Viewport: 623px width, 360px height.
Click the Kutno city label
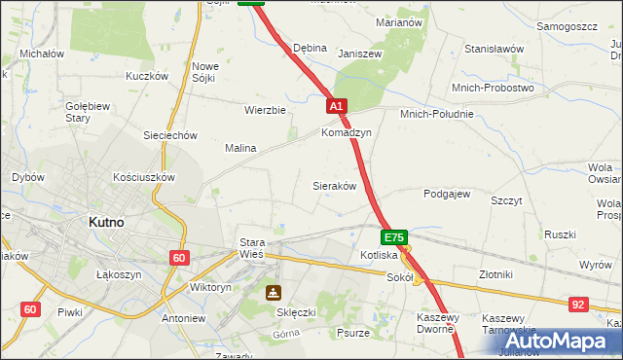(x=105, y=222)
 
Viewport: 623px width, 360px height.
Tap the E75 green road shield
(x=394, y=237)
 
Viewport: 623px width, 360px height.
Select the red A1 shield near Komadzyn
(x=336, y=105)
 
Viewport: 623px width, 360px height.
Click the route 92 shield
(x=578, y=305)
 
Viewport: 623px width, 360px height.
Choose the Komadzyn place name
(x=347, y=132)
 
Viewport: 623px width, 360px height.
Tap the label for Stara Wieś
(x=251, y=249)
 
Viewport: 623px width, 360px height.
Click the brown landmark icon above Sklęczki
(x=274, y=291)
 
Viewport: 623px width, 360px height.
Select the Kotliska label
(x=378, y=255)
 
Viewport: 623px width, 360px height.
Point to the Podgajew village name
(x=447, y=194)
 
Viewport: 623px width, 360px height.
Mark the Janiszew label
(x=357, y=54)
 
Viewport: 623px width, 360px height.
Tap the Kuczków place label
(x=147, y=76)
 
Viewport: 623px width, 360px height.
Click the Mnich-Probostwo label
(x=494, y=88)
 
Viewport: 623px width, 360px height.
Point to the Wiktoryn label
(x=210, y=288)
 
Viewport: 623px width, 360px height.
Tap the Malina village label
(x=240, y=148)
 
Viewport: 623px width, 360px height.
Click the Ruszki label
(x=561, y=234)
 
